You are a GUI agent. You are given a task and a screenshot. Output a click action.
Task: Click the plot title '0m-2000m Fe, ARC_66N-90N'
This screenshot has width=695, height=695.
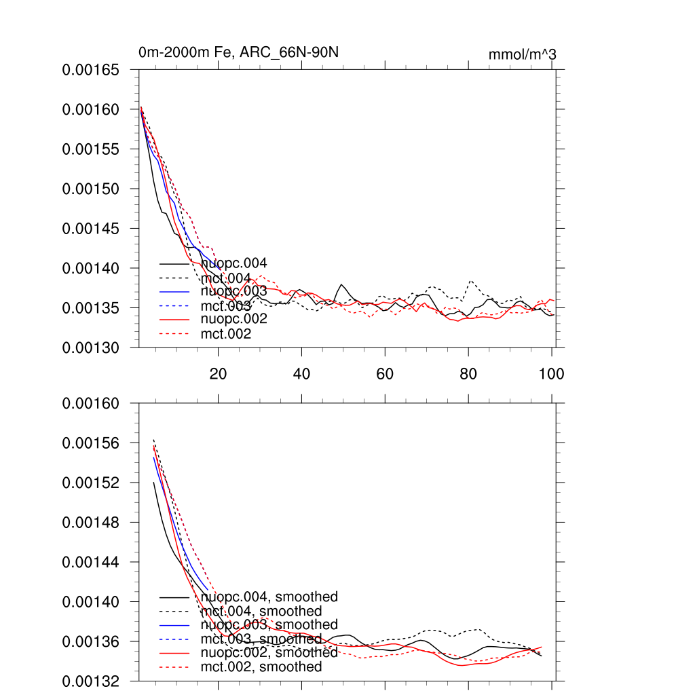[238, 52]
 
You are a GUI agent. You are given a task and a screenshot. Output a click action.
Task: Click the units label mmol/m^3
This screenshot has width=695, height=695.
[523, 54]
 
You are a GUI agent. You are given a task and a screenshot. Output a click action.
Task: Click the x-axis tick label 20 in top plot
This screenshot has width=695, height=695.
[218, 373]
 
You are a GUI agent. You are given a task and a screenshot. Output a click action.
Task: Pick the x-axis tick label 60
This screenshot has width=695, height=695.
[385, 373]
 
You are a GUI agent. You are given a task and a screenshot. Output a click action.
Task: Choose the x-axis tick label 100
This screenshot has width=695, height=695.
[552, 373]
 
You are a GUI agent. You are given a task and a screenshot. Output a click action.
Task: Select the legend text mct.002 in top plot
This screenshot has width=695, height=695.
[226, 334]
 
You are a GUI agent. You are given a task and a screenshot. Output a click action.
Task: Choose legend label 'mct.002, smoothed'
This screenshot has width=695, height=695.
[261, 667]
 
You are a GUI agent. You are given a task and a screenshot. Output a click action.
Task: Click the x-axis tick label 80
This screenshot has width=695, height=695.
[468, 373]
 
